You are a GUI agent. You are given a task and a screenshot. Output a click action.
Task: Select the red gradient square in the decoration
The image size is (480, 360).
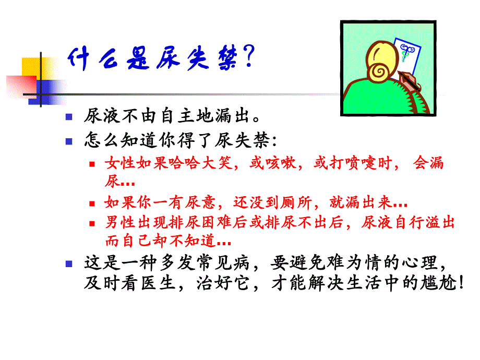pos(21,86)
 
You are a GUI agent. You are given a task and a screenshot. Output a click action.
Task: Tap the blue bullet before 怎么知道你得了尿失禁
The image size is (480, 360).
pos(68,141)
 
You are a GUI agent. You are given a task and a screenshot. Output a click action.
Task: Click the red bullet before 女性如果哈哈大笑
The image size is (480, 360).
pos(92,164)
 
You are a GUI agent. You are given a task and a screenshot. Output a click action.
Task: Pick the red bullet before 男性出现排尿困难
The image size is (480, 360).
pos(92,223)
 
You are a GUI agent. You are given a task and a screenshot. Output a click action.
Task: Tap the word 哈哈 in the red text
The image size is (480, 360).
pos(183,163)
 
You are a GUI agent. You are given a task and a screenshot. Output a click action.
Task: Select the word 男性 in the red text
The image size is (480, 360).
pos(118,223)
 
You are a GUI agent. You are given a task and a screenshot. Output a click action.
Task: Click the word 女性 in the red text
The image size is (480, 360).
pos(118,163)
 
